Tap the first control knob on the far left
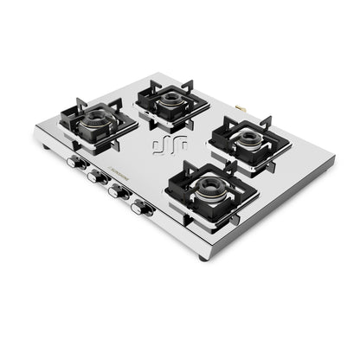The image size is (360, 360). [74, 161]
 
